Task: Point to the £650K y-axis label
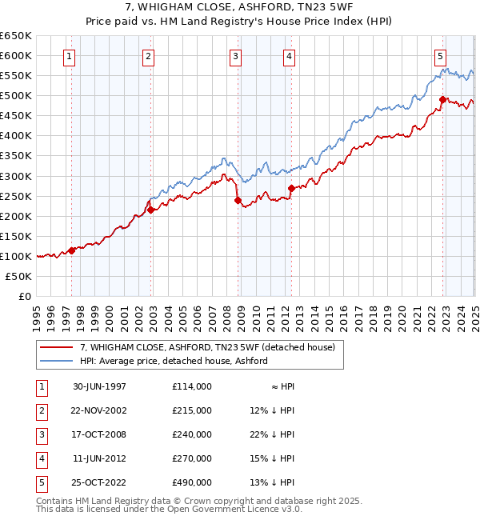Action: click(x=15, y=36)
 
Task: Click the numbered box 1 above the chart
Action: click(x=71, y=56)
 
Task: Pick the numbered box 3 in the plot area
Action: click(x=236, y=56)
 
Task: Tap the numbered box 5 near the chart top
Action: click(x=441, y=56)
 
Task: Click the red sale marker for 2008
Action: click(x=238, y=200)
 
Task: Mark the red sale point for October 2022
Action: click(x=442, y=100)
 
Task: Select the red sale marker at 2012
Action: click(x=291, y=188)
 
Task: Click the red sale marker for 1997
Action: click(x=72, y=250)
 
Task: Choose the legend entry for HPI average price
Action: click(x=173, y=361)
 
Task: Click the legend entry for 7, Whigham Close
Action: click(x=212, y=348)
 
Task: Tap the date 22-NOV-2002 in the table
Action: click(x=100, y=410)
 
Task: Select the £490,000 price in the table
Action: click(x=191, y=482)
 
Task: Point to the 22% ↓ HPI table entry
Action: click(x=272, y=434)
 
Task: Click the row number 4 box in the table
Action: click(x=40, y=458)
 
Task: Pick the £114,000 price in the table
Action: click(x=191, y=386)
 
